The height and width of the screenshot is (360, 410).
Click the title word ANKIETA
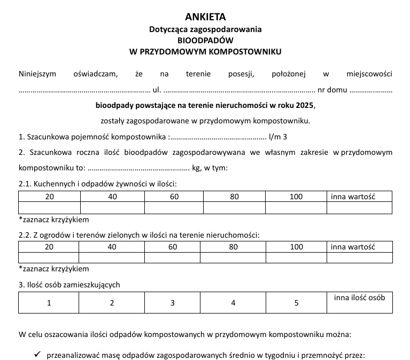205,17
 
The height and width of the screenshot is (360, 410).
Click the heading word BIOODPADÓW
205,41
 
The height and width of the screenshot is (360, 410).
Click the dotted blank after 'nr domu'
371,90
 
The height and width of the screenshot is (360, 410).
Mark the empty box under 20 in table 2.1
49,208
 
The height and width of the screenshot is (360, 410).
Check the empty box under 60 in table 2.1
174,208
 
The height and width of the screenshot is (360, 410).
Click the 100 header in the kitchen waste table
296,197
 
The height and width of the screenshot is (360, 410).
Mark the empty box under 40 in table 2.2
112,258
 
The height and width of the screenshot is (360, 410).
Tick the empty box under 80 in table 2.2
234,258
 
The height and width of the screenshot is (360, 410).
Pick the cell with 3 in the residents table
173,303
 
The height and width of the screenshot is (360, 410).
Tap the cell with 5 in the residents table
296,303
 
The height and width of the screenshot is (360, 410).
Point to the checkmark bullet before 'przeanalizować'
37,354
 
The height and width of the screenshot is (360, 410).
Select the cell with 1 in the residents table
49,303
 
